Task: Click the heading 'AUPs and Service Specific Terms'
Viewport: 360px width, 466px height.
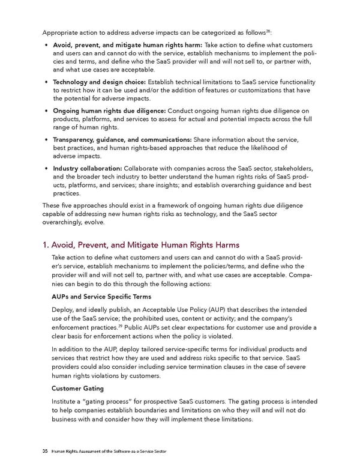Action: pyautogui.click(x=101, y=297)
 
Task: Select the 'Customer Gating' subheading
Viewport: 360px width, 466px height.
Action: pyautogui.click(x=79, y=388)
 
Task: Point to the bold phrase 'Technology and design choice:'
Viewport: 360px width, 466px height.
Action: pyautogui.click(x=99, y=82)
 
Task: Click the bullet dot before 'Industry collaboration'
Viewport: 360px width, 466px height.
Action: pyautogui.click(x=46, y=169)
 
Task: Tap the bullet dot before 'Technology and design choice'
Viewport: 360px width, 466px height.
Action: pyautogui.click(x=46, y=82)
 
